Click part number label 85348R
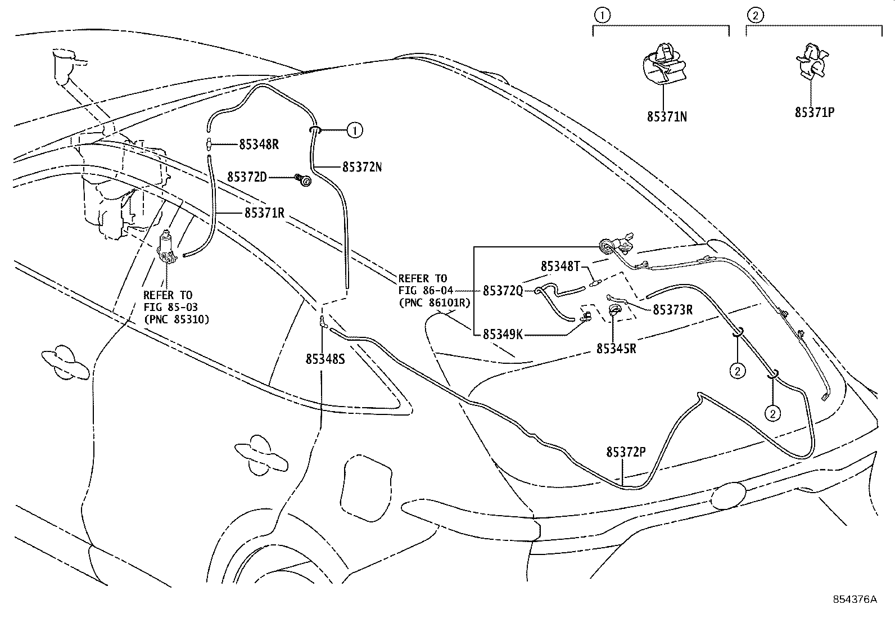[x=259, y=145]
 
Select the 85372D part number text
[x=247, y=177]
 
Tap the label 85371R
[x=264, y=213]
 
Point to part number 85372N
[x=362, y=167]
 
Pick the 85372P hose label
[x=626, y=452]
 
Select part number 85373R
[x=672, y=310]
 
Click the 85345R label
[x=616, y=349]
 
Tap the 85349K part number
[x=503, y=335]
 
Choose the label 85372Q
[x=503, y=291]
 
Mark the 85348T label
[x=560, y=266]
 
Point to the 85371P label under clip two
[x=814, y=112]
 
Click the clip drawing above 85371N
[x=663, y=63]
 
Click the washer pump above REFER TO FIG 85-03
[x=167, y=247]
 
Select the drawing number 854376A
[x=855, y=599]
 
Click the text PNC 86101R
[x=434, y=303]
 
